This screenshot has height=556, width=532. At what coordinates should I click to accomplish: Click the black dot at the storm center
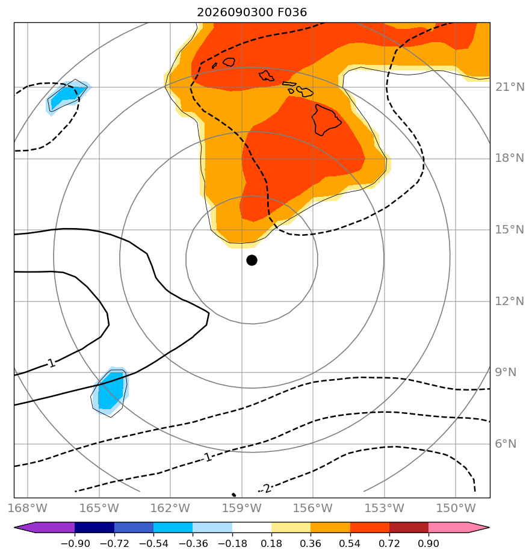click(252, 261)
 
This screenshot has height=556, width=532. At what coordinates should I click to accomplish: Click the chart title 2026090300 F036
click(252, 13)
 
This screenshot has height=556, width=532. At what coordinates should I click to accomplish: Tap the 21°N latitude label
click(510, 87)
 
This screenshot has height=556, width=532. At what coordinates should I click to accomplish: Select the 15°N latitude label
click(510, 230)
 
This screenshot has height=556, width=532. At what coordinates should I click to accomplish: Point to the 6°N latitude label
click(506, 443)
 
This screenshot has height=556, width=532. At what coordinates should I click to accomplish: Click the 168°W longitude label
click(28, 508)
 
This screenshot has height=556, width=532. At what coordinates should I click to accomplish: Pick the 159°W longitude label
click(242, 508)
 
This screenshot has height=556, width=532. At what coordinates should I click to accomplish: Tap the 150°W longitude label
click(456, 508)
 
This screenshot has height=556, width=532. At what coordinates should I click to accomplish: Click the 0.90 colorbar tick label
click(428, 543)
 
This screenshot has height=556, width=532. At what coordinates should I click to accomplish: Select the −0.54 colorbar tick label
click(153, 543)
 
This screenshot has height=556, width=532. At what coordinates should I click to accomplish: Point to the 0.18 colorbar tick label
click(271, 543)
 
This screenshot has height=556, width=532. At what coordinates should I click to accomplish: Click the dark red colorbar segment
click(409, 527)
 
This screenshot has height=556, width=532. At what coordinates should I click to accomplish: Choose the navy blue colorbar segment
click(94, 527)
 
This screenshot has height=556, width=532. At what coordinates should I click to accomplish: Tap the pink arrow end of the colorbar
click(459, 527)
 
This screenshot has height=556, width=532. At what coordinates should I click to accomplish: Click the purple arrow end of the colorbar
click(45, 527)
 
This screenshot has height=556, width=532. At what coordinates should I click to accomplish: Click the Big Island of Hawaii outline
click(326, 120)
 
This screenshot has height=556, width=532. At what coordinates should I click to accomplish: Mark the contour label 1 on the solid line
click(52, 363)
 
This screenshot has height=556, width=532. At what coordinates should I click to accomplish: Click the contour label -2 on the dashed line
click(265, 489)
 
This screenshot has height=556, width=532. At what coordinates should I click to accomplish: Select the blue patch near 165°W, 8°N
click(110, 392)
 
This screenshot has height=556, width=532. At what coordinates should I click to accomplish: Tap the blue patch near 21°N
click(67, 96)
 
